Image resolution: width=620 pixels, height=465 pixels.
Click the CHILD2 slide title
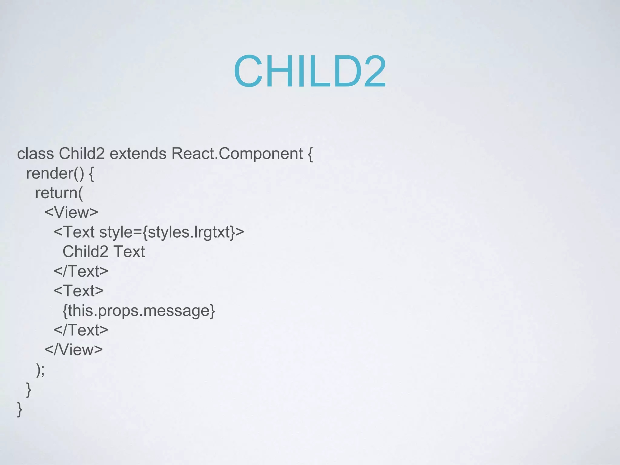[310, 71]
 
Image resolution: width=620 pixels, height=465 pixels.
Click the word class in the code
[35, 153]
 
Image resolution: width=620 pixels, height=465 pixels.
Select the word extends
[138, 153]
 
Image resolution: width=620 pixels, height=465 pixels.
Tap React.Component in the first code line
[237, 153]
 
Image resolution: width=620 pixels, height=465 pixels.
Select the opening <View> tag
[71, 213]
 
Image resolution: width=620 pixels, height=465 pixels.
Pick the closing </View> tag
[74, 350]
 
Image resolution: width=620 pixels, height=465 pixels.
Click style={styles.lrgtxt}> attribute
[171, 232]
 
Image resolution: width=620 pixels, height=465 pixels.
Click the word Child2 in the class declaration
[82, 153]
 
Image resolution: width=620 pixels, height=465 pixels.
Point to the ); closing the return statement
[40, 369]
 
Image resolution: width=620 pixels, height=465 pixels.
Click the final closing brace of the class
[20, 409]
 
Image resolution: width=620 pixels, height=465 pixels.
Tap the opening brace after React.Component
[310, 154]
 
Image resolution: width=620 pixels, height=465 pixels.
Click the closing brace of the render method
[29, 389]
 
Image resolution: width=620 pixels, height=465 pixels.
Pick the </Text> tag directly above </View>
[81, 330]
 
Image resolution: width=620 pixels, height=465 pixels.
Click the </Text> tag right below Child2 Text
[81, 271]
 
